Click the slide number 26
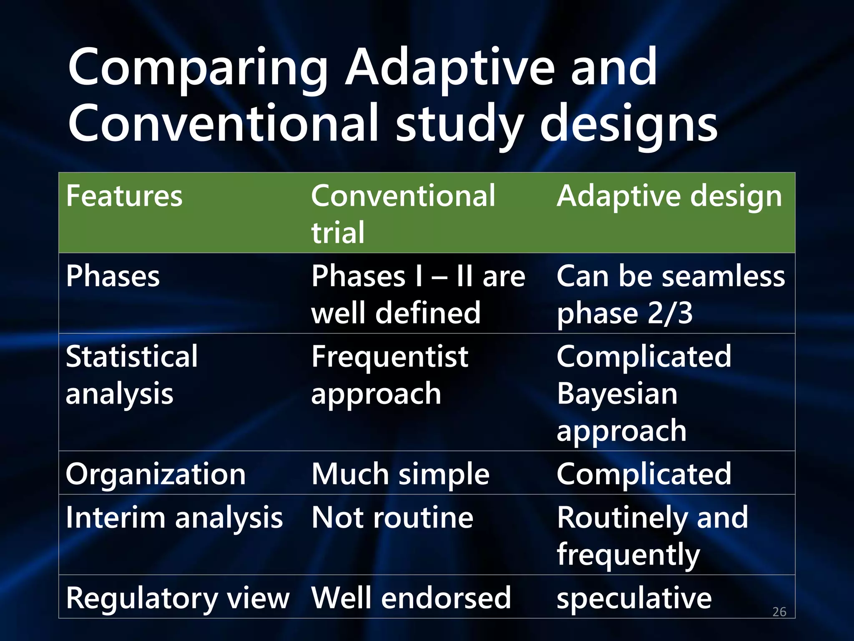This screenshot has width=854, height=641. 779,612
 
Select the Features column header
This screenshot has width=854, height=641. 124,196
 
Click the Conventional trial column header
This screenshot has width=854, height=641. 403,213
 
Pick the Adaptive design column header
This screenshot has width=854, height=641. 669,196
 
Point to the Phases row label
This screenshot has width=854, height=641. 113,276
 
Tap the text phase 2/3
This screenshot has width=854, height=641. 624,313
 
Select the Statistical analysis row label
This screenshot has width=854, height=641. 131,375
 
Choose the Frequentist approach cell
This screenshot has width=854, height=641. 389,375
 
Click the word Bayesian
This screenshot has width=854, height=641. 617,394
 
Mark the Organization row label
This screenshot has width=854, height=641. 156,474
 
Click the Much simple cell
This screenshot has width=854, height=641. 400,474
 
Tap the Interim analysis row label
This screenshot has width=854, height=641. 174,518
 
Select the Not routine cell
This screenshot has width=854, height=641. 392,518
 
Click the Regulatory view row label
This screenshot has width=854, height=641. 178,598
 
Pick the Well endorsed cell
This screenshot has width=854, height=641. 411,598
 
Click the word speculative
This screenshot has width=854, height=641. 634,598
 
